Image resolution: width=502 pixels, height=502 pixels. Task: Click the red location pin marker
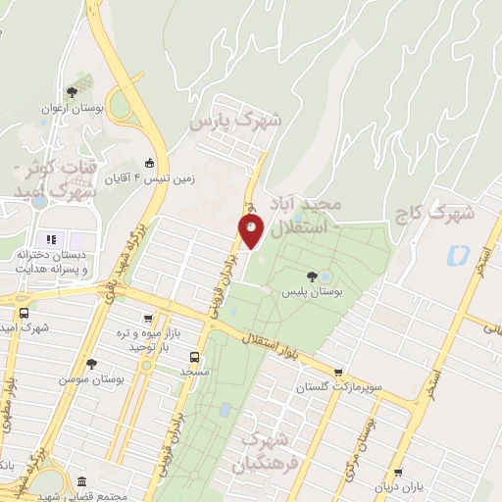(x=251, y=231)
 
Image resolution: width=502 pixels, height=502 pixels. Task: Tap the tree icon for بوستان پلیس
(x=312, y=276)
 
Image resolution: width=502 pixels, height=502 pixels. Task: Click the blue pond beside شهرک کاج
(x=457, y=256)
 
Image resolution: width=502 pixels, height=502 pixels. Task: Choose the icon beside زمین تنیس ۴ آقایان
(x=148, y=164)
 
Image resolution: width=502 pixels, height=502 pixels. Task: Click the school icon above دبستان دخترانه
(x=50, y=238)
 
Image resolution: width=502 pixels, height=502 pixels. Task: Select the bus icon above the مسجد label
(x=194, y=357)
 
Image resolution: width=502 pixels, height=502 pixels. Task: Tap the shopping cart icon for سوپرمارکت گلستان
(x=338, y=373)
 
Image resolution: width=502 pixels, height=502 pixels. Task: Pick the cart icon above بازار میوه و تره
(x=148, y=319)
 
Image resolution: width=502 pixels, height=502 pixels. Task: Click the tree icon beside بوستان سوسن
(x=91, y=363)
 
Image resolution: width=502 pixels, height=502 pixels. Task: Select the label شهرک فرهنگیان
(x=264, y=449)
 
